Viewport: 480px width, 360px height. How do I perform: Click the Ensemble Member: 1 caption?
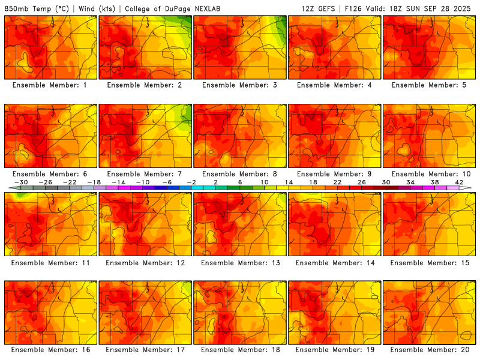[50, 85]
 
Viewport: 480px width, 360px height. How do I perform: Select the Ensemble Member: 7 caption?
[145, 174]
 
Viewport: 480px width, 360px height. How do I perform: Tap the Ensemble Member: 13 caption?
[240, 263]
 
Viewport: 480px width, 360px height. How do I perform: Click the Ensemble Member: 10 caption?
[430, 174]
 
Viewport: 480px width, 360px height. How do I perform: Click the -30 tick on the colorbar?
[21, 182]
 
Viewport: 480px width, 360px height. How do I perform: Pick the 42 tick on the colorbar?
[459, 182]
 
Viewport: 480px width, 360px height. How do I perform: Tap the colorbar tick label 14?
[288, 182]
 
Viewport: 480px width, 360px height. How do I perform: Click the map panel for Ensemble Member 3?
[240, 47]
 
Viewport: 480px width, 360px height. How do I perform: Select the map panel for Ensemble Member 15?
[430, 224]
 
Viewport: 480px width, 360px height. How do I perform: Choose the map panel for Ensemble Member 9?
[335, 136]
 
